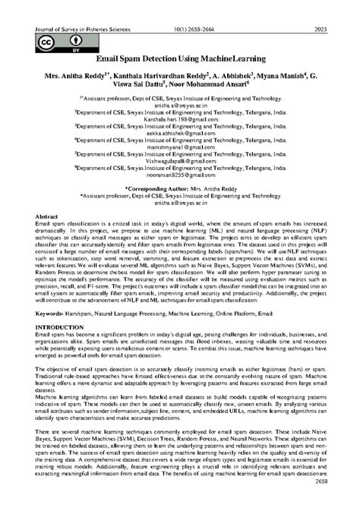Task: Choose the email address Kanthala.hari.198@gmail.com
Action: pyautogui.click(x=179, y=120)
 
